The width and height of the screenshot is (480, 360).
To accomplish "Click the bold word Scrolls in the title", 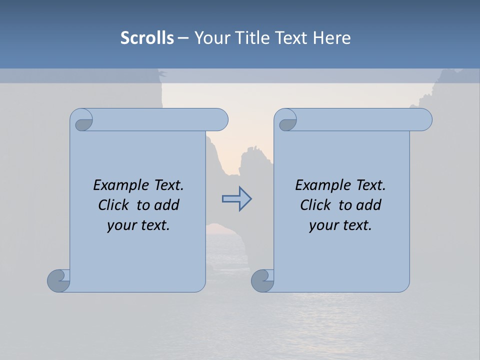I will coord(147,38).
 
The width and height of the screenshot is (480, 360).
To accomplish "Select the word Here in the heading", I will coord(332,38).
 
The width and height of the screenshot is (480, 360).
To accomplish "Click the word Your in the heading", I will coord(212,38).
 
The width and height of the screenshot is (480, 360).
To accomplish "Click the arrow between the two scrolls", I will coord(236,199).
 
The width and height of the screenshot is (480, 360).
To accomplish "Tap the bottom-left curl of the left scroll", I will coord(58,280).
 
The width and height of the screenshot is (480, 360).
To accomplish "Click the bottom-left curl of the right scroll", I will coord(262,280).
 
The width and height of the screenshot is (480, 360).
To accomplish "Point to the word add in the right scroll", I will coord(369,205).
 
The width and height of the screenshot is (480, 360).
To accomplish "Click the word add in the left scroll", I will coord(167,205).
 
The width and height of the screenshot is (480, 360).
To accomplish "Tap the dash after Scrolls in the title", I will coord(183,38).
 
